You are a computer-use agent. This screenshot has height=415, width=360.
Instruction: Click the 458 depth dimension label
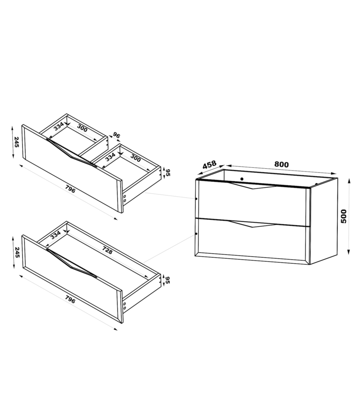(x=209, y=165)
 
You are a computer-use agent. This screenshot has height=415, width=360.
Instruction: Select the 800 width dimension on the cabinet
(x=282, y=164)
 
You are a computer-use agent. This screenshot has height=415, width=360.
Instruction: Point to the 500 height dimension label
(x=343, y=216)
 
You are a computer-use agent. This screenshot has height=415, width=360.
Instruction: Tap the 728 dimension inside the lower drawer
(x=107, y=250)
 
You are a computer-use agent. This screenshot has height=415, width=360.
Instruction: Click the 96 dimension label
(x=117, y=135)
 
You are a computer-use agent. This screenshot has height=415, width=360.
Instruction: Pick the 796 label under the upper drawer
(x=70, y=190)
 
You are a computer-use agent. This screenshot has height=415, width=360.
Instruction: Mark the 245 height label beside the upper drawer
(x=17, y=142)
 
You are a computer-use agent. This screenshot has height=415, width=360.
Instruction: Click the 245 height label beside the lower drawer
(x=17, y=252)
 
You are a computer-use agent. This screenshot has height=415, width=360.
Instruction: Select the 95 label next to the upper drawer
(x=168, y=172)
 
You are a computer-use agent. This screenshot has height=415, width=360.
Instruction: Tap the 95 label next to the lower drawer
(x=168, y=280)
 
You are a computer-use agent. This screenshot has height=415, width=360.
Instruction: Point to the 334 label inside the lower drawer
(x=56, y=235)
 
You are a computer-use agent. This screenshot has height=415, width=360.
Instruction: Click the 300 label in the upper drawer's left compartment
(x=82, y=128)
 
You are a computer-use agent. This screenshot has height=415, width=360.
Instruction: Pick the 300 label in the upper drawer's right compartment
(x=135, y=158)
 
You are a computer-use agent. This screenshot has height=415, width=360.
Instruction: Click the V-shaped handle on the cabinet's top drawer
(x=253, y=185)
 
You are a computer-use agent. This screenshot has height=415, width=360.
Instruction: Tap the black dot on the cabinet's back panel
(x=242, y=179)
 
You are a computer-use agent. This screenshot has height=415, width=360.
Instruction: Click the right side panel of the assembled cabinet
(x=324, y=221)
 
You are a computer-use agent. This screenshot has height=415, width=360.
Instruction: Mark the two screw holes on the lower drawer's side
(x=125, y=306)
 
